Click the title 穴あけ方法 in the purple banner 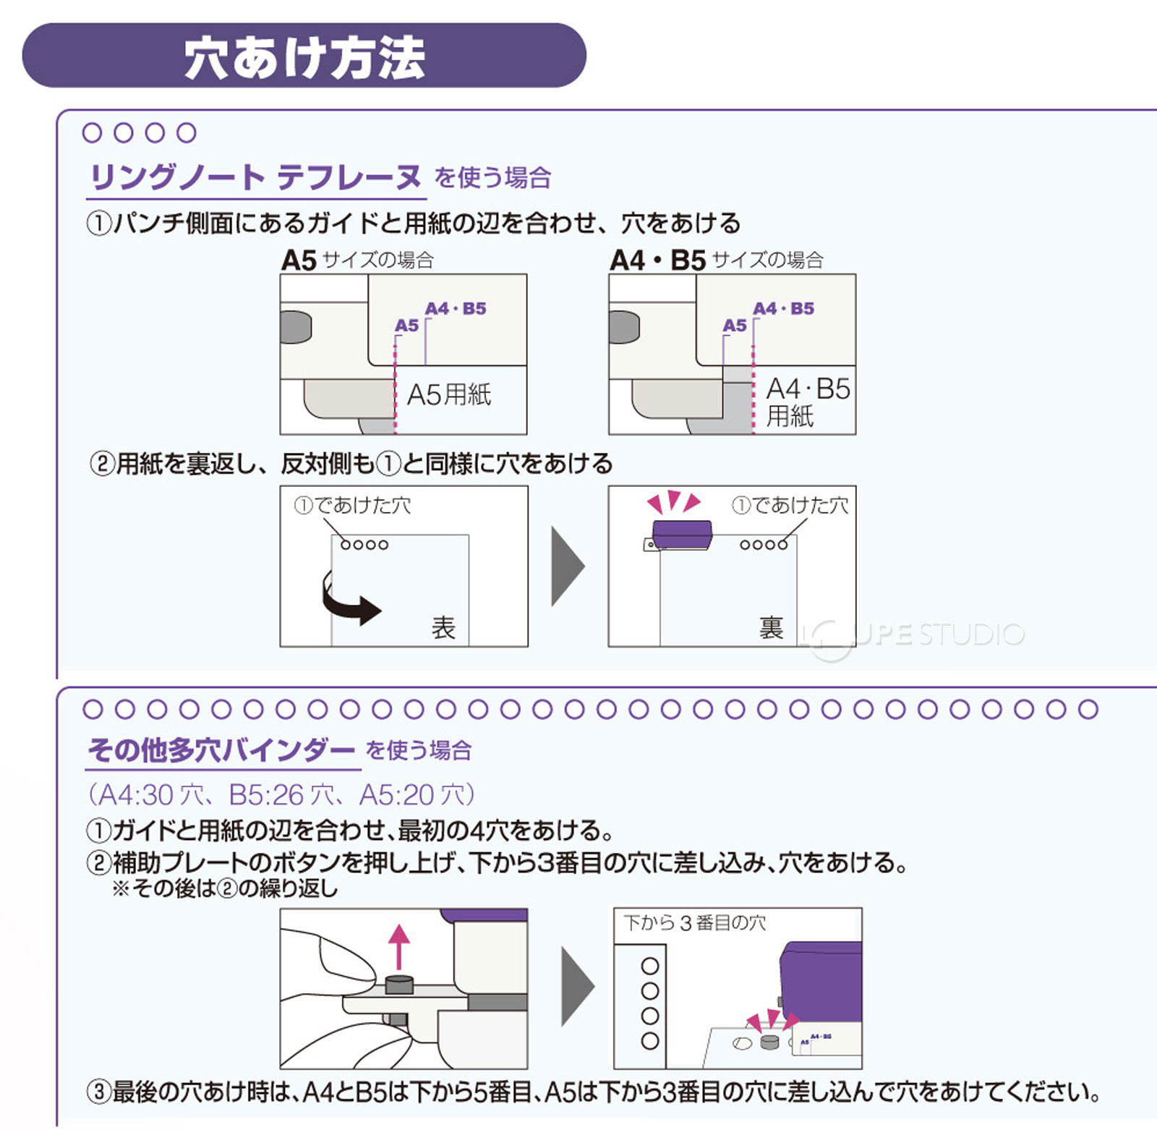304,57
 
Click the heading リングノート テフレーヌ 255,177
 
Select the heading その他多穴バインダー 221,750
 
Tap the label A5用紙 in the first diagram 449,395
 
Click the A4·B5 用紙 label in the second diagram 806,402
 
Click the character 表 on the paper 443,627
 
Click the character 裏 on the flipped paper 771,627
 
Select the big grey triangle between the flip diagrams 566,566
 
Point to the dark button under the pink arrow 398,984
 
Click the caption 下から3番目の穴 694,923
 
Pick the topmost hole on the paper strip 650,966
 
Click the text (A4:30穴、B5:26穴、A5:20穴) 281,794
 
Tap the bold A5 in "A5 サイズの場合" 299,260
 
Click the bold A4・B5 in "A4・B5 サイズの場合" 657,260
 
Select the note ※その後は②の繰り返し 225,888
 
